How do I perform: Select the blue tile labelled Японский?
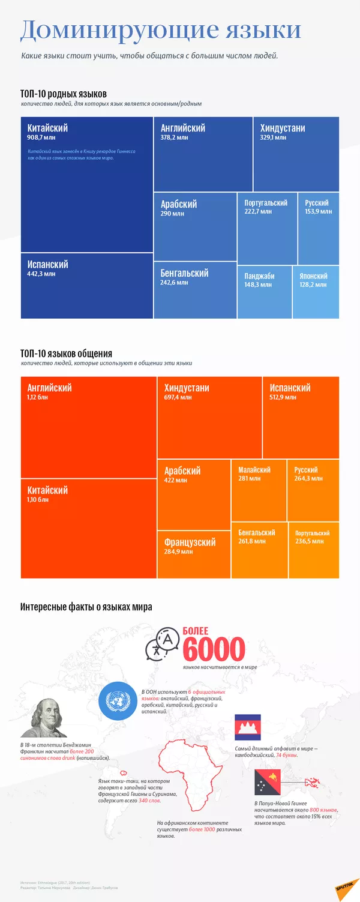click(x=316, y=292)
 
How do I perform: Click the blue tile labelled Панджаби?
click(x=265, y=292)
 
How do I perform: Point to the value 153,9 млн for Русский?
click(x=317, y=212)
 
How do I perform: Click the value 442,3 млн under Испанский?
click(x=41, y=274)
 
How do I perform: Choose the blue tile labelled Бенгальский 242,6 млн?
click(x=195, y=290)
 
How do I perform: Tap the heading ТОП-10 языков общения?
click(x=66, y=354)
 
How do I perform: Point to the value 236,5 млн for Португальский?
click(x=309, y=541)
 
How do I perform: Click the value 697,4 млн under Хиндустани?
click(x=178, y=397)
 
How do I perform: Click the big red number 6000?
click(x=214, y=649)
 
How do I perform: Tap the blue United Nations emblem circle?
click(x=116, y=700)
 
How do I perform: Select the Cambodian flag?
click(x=247, y=727)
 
